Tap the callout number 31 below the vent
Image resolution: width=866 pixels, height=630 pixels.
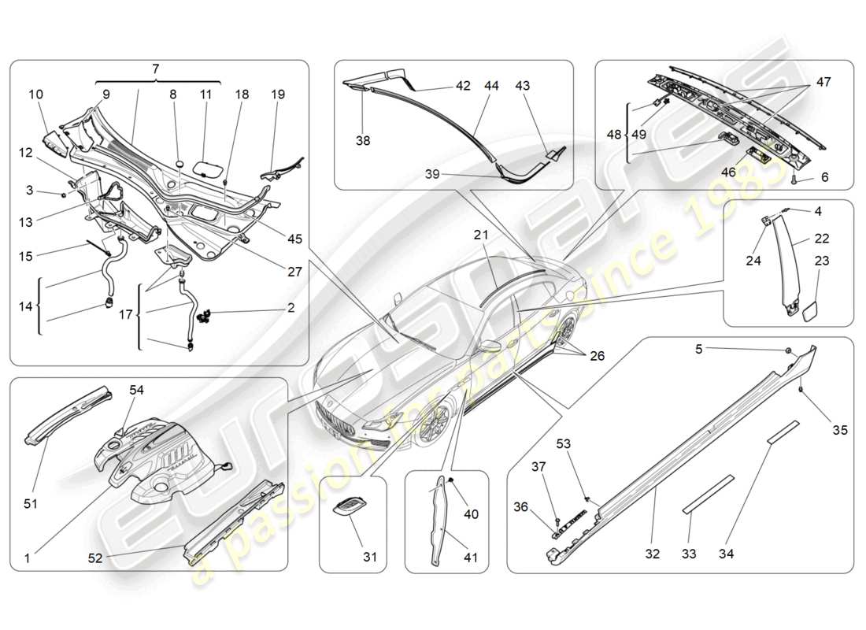tap(369, 557)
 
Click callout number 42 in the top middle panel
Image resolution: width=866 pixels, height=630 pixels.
tap(463, 86)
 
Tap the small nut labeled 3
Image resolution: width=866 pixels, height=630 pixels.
tap(64, 192)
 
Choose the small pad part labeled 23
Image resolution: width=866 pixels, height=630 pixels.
tap(808, 310)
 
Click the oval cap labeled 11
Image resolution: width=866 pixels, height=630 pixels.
tap(207, 169)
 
